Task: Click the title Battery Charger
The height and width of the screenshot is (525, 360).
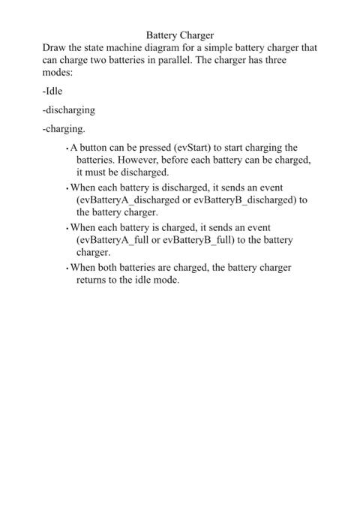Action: click(x=180, y=34)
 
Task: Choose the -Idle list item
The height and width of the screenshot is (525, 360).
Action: click(x=52, y=91)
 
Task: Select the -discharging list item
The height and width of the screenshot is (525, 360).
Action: click(x=69, y=110)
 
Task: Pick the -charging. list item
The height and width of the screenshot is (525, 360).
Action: click(x=64, y=129)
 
